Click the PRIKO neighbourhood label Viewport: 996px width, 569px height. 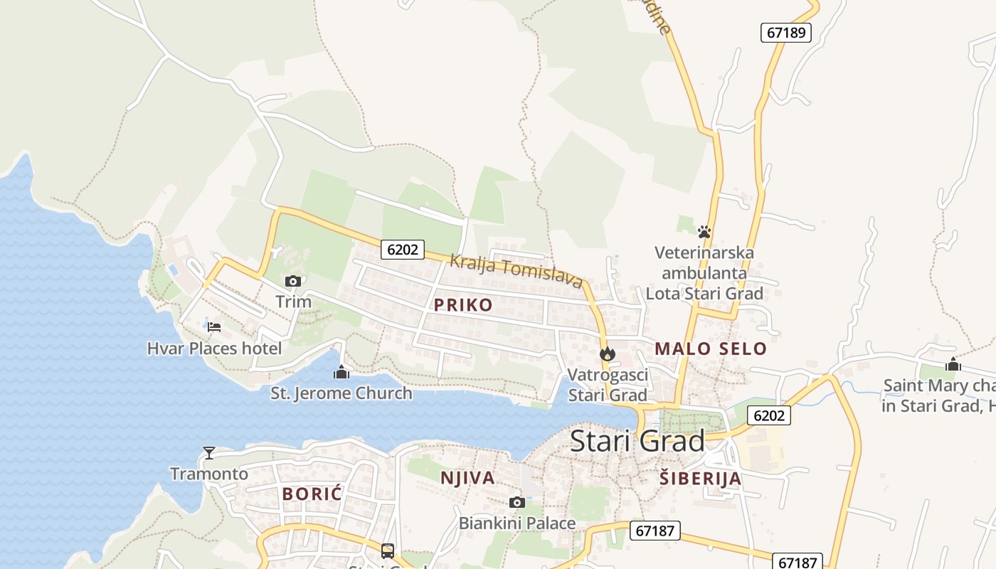463,305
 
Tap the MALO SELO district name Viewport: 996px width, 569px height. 711,349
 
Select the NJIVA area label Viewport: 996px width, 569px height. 467,478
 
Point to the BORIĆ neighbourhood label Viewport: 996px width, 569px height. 312,494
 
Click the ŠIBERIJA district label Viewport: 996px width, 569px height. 700,479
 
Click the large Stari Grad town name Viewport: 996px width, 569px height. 637,441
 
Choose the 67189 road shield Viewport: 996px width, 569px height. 786,33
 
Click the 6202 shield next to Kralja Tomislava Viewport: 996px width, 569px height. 403,250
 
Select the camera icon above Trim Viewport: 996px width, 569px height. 293,282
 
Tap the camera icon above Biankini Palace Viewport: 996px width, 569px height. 517,503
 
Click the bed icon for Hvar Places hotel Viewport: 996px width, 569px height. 214,327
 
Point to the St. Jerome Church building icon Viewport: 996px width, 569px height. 341,372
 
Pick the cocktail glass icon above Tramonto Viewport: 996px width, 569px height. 209,452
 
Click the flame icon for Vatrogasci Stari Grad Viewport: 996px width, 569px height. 607,353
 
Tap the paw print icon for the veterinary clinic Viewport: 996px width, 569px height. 704,232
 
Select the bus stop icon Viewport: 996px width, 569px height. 388,551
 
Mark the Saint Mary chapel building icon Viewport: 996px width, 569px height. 953,365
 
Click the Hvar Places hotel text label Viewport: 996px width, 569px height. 214,349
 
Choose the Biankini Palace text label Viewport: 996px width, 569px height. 517,523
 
